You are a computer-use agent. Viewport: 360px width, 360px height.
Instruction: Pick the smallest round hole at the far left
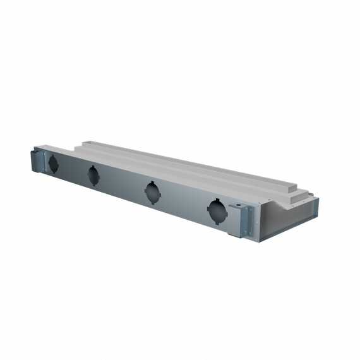[53, 164]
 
